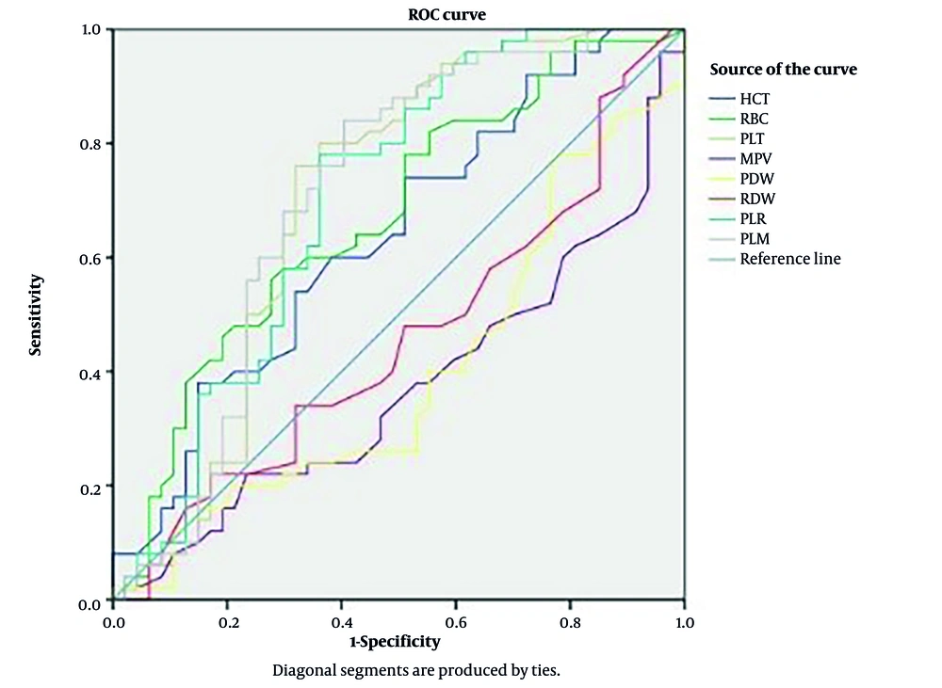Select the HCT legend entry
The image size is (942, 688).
click(x=755, y=99)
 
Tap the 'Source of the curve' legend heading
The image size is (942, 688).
click(x=783, y=70)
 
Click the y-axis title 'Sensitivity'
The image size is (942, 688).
click(x=36, y=314)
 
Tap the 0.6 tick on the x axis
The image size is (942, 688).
click(x=456, y=622)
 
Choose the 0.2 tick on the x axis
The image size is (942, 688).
click(x=227, y=622)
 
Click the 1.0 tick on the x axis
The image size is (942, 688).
click(x=684, y=622)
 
